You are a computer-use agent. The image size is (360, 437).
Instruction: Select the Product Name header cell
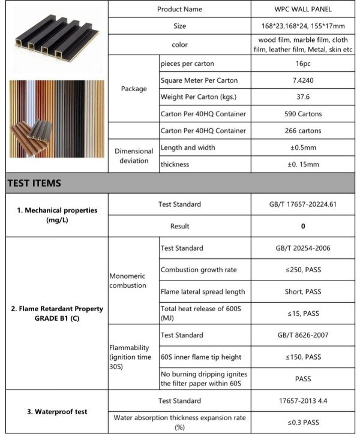[179, 10]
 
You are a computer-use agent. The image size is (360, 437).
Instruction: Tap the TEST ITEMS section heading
[34, 183]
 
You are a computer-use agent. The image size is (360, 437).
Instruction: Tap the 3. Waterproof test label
[57, 412]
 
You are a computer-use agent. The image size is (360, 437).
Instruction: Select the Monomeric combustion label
[128, 281]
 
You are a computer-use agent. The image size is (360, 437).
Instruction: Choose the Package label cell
[133, 89]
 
